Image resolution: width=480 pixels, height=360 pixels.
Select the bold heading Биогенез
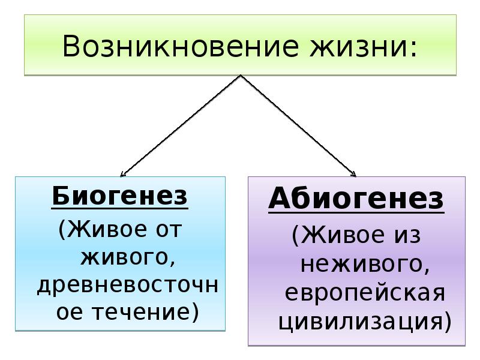click(119, 196)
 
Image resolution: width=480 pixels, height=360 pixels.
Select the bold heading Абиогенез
click(356, 199)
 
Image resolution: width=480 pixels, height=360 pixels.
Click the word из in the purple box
click(408, 235)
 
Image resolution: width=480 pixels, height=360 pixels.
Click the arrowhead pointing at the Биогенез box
click(123, 174)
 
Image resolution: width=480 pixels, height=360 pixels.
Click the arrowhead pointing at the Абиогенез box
click(354, 175)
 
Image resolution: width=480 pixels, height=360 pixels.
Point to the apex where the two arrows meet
click(240, 76)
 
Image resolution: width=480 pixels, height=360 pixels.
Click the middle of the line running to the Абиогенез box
click(298, 125)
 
